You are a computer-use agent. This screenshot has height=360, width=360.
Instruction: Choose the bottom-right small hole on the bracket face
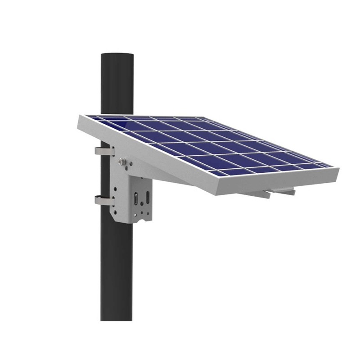click(x=149, y=210)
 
